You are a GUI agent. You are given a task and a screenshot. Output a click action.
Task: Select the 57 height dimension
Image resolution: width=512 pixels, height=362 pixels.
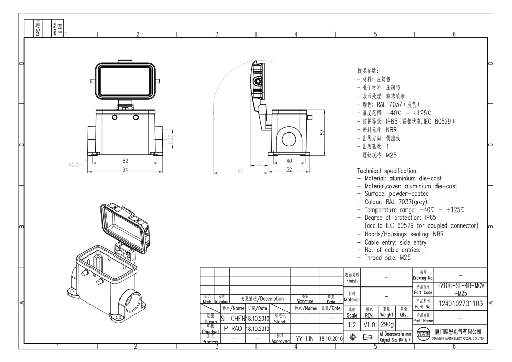click(x=322, y=132)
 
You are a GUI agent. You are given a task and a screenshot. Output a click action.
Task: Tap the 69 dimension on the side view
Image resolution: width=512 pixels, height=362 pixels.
click(x=240, y=170)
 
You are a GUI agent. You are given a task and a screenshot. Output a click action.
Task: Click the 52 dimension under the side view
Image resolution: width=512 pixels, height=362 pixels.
click(x=290, y=170)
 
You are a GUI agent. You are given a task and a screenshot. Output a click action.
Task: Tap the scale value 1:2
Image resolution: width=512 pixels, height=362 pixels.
click(x=351, y=324)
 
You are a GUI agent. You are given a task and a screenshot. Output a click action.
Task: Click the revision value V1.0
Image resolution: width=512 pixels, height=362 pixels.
click(x=368, y=324)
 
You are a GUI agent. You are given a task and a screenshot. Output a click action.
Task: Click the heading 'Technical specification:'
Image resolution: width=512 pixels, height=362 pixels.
click(x=391, y=170)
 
